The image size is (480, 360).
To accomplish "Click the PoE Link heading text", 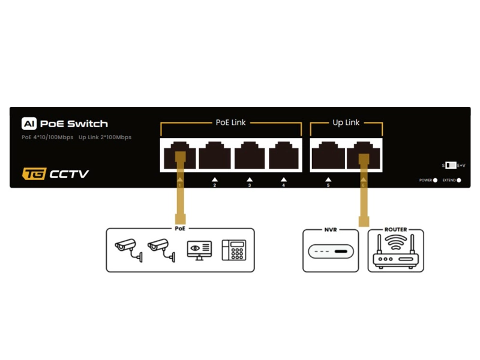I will pyautogui.click(x=230, y=122).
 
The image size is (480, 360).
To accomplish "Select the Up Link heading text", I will pyautogui.click(x=346, y=122).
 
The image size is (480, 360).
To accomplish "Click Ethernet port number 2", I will pyautogui.click(x=214, y=156).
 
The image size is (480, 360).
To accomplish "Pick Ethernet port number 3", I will pyautogui.click(x=249, y=156).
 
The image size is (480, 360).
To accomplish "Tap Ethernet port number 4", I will pyautogui.click(x=284, y=156).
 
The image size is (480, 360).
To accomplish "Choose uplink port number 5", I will pyautogui.click(x=328, y=156).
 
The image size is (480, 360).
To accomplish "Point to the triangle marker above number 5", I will pyautogui.click(x=328, y=179).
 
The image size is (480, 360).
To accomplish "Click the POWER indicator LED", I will pyautogui.click(x=435, y=180).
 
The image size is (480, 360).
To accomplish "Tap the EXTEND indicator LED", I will pyautogui.click(x=459, y=180).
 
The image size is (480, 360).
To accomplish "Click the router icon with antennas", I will pyautogui.click(x=395, y=252).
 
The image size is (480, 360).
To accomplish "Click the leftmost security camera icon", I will pyautogui.click(x=127, y=248).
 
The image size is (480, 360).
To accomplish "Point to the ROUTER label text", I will pyautogui.click(x=395, y=230).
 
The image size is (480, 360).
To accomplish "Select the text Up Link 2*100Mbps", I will pyautogui.click(x=104, y=137).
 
